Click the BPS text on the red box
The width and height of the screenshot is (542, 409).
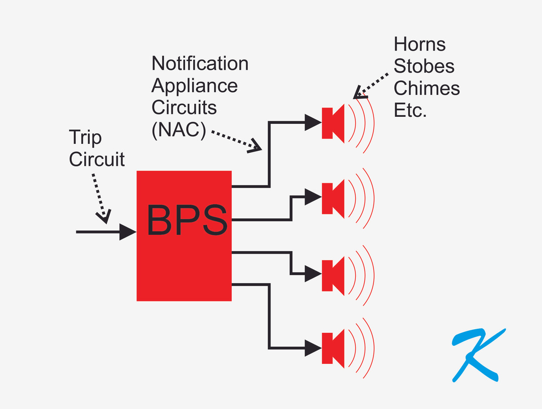pos(187,220)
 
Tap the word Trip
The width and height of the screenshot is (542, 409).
pos(85,138)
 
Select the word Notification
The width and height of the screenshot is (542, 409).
pos(200,64)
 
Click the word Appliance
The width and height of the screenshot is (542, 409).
pos(194,86)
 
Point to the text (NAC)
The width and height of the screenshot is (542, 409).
pos(178,130)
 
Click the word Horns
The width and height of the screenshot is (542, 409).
pos(420,44)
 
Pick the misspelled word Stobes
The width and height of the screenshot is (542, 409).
pos(424,66)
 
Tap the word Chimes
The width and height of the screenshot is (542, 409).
pos(427,88)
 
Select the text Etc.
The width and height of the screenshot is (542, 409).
pos(410,110)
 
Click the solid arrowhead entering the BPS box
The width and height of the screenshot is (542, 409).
pos(128,232)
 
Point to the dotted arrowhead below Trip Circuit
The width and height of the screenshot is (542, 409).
pos(104,218)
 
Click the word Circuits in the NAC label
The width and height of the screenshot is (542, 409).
pos(184,108)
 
